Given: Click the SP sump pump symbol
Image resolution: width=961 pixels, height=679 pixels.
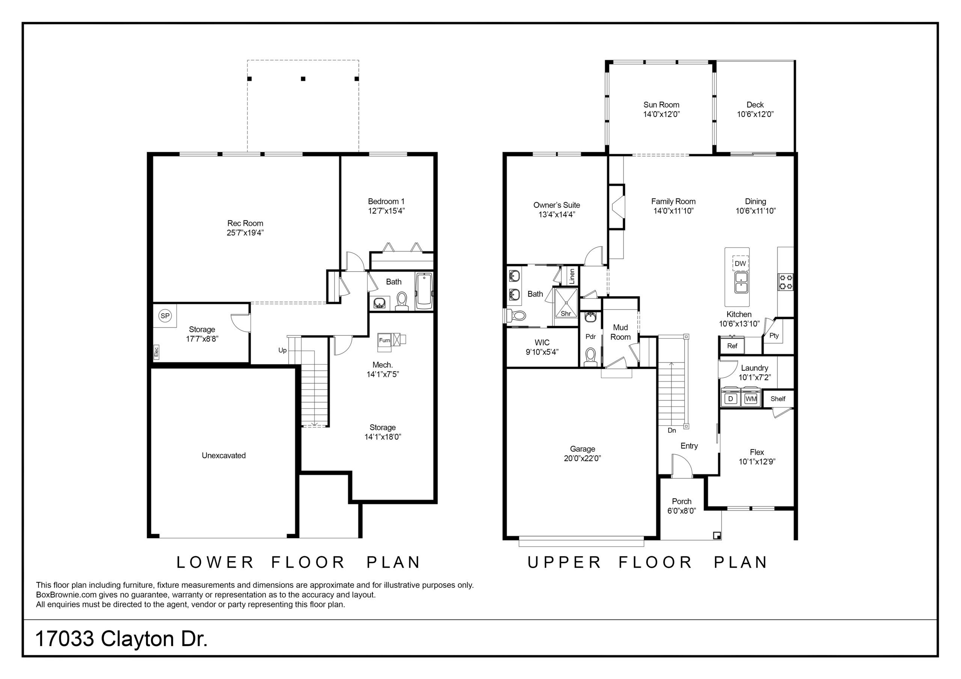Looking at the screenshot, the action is pyautogui.click(x=165, y=316).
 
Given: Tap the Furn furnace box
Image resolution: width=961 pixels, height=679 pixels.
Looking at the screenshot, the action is pyautogui.click(x=384, y=340).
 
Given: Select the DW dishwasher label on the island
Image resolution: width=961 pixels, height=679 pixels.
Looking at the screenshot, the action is pyautogui.click(x=740, y=264).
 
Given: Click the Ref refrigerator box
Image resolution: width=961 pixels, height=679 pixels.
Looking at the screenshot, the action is pyautogui.click(x=732, y=346).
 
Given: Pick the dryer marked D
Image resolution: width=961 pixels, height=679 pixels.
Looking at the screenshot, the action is pyautogui.click(x=731, y=399).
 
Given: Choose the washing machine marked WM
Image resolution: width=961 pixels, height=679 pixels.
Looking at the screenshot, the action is pyautogui.click(x=751, y=399).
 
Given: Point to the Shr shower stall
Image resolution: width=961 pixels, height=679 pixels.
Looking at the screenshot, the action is pyautogui.click(x=566, y=306).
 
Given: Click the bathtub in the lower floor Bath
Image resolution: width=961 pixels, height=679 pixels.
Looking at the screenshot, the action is pyautogui.click(x=425, y=291).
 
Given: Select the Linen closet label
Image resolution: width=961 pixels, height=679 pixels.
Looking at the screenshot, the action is pyautogui.click(x=572, y=276).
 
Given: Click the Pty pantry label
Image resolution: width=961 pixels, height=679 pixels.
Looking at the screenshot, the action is pyautogui.click(x=774, y=335).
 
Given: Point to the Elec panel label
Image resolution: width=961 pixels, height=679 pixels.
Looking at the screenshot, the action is pyautogui.click(x=156, y=352).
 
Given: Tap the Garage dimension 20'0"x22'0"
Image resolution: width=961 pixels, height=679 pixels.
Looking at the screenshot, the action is pyautogui.click(x=582, y=458).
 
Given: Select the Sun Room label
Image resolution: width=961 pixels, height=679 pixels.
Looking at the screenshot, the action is pyautogui.click(x=661, y=105).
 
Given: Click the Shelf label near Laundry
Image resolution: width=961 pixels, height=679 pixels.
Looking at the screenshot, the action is pyautogui.click(x=778, y=399).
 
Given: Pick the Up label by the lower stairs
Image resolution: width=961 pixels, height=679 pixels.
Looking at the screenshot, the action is pyautogui.click(x=283, y=350).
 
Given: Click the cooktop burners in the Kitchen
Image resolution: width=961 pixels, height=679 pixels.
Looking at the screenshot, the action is pyautogui.click(x=786, y=282).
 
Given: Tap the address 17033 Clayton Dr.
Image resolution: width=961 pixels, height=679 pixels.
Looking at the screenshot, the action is pyautogui.click(x=121, y=639).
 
